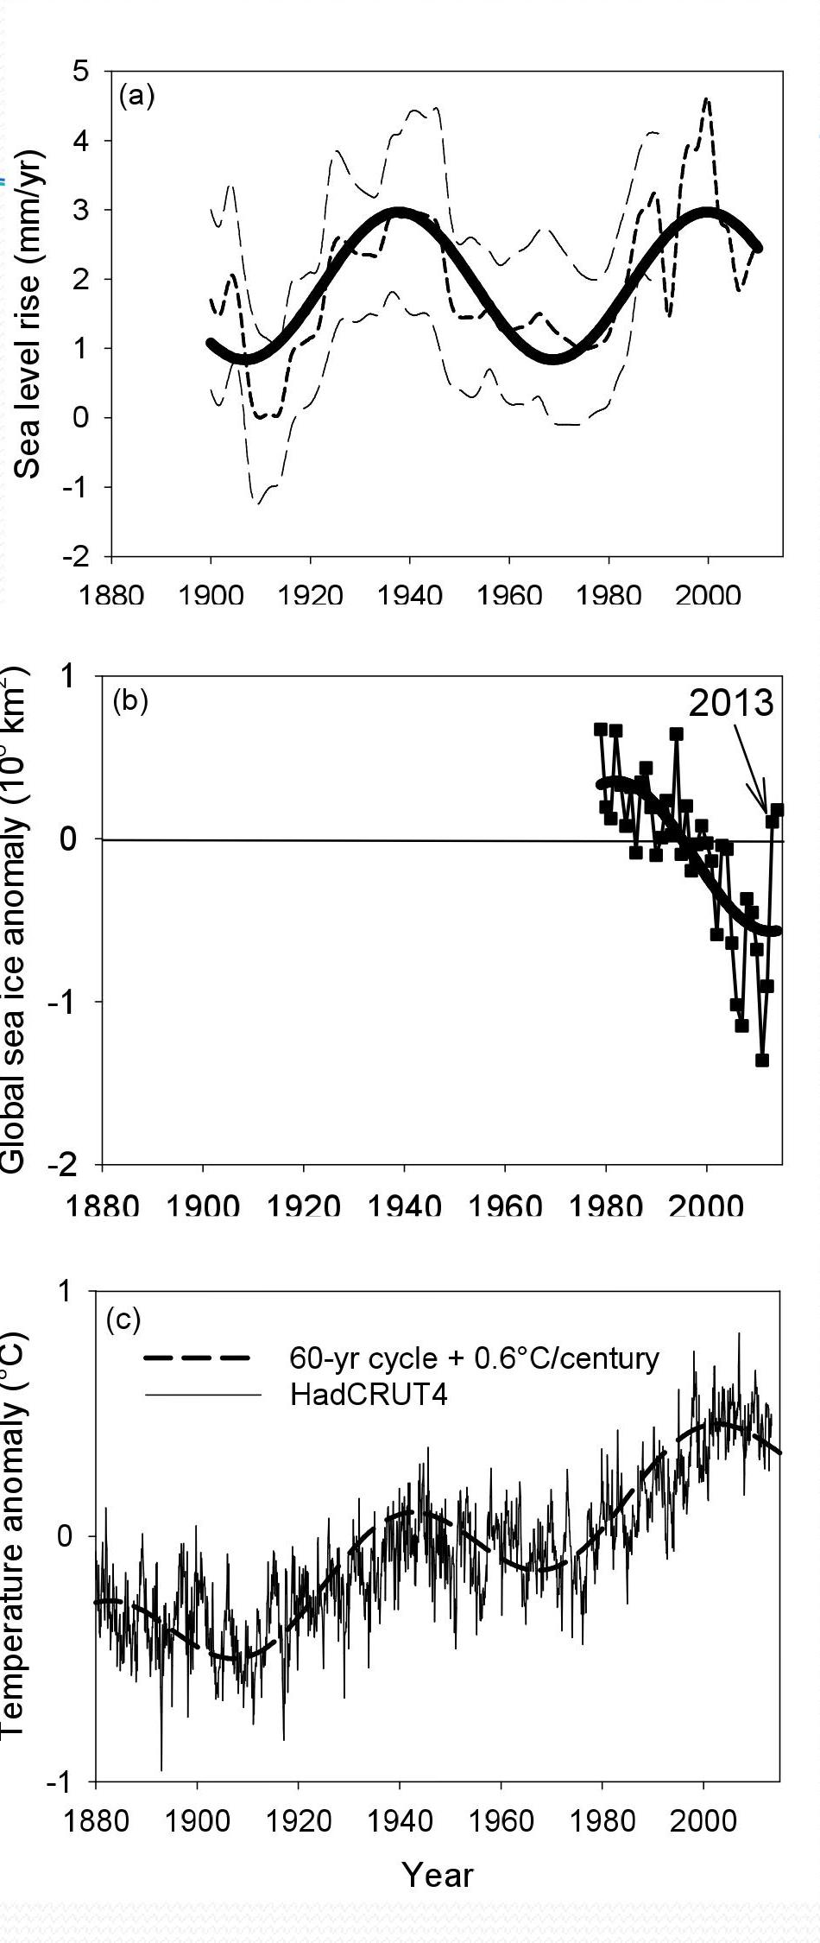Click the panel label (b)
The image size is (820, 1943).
tap(130, 700)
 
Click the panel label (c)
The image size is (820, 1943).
tap(123, 1320)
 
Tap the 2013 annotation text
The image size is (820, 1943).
tap(731, 704)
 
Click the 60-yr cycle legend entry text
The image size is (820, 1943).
tap(474, 1358)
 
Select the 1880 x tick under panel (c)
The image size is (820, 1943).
tap(95, 1820)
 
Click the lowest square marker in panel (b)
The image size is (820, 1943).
tap(761, 1060)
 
